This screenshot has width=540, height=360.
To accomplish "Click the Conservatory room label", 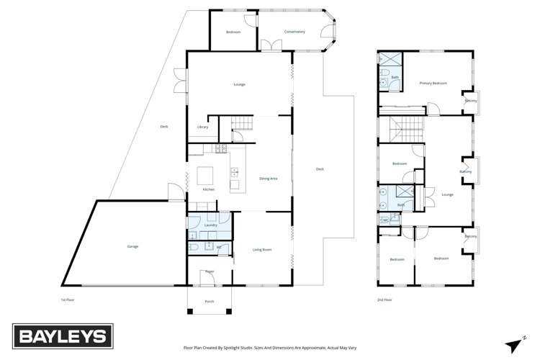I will [294, 32].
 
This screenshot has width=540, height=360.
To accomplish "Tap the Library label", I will [202, 127].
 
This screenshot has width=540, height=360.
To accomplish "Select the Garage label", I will [132, 246].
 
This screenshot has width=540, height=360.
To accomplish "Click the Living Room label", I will [261, 250].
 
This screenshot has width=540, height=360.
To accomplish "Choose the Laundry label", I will [210, 225].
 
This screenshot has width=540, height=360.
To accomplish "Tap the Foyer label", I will [210, 271].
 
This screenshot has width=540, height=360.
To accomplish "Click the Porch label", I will [210, 301].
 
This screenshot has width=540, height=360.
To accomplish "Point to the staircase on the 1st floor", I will [242, 127].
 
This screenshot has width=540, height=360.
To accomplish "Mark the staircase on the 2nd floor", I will [397, 130].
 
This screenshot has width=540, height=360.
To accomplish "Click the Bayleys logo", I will [62, 336].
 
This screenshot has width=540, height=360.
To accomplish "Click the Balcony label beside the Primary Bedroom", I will [471, 101].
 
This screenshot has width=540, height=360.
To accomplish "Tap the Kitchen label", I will [208, 189].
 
